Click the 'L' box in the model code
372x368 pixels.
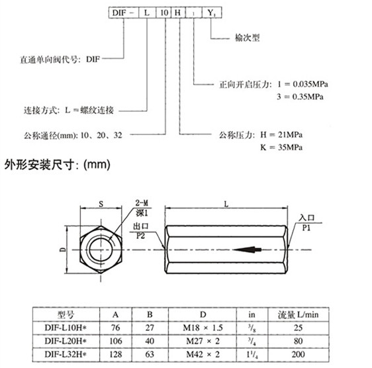point(147,13)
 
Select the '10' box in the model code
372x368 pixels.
point(163,13)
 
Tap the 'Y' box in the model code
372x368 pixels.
point(212,13)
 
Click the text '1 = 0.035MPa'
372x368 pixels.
point(302,84)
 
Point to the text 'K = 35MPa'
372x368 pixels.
point(281,148)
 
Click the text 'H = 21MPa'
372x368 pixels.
point(281,135)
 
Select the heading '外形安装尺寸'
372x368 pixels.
point(39,165)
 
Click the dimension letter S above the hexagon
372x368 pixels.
point(101,204)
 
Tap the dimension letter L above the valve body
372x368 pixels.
point(226,204)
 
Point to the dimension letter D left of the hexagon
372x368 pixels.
point(63,250)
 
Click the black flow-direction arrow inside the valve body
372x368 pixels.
point(247,250)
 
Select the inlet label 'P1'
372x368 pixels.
point(306,228)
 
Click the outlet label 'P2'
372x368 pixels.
point(140,236)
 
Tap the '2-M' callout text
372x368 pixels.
point(142,203)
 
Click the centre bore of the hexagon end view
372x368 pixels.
point(101,250)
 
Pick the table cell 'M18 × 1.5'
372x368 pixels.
point(203,328)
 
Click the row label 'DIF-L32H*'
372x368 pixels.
point(66,355)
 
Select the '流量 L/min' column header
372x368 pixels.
point(299,315)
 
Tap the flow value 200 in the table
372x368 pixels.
point(299,355)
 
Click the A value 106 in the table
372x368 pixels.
point(116,341)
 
